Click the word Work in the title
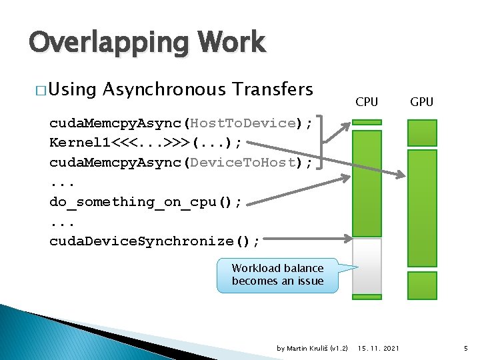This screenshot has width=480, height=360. point(229,43)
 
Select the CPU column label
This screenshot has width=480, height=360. point(367,102)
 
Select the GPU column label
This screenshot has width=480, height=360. point(421,102)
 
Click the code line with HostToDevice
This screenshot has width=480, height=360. point(181,123)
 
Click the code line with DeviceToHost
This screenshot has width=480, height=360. point(181,162)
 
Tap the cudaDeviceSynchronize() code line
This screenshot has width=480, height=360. point(155,241)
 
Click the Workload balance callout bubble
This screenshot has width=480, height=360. point(277,275)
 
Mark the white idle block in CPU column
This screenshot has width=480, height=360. point(367,266)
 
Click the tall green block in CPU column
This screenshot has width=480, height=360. point(367,183)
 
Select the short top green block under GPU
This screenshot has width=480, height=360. point(421,133)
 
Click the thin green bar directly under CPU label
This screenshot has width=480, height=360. point(367,123)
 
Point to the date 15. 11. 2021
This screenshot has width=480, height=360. point(379,349)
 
